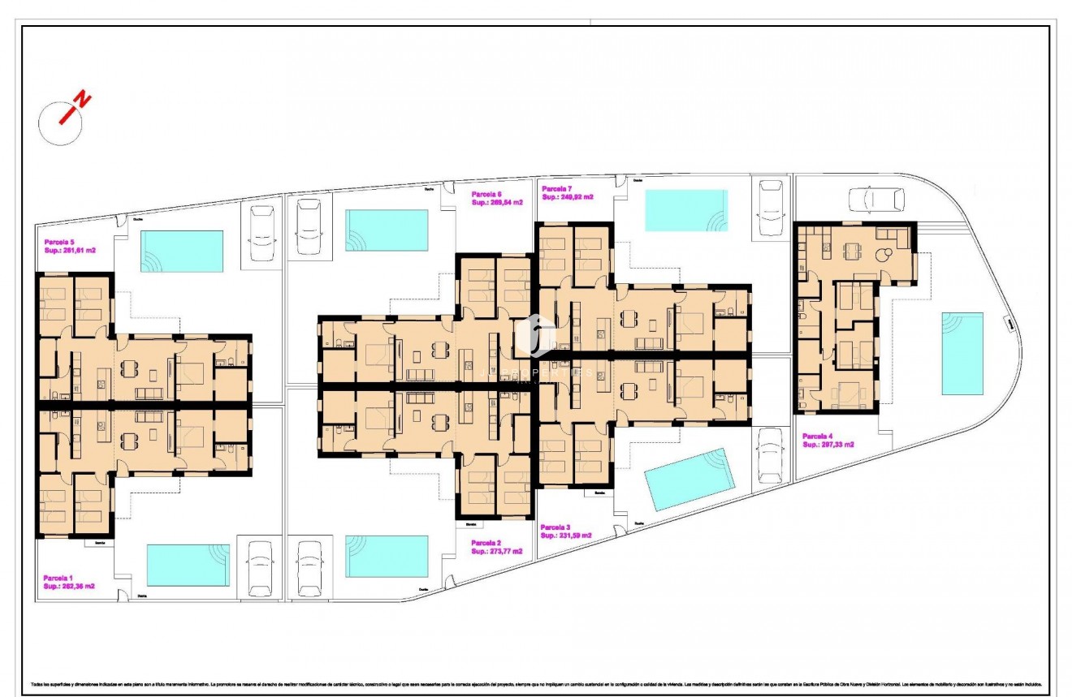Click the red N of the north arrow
(x=81, y=101)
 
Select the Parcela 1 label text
(x=58, y=577)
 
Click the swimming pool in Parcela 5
(x=182, y=251)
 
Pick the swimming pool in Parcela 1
(x=188, y=565)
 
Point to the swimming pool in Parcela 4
(x=962, y=353)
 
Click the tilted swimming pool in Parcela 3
(x=689, y=479)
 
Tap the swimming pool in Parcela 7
(x=686, y=210)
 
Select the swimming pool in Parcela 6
(x=387, y=230)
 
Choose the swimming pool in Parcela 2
(x=387, y=556)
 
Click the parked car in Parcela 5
(x=262, y=232)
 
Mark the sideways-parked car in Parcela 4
(x=876, y=199)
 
